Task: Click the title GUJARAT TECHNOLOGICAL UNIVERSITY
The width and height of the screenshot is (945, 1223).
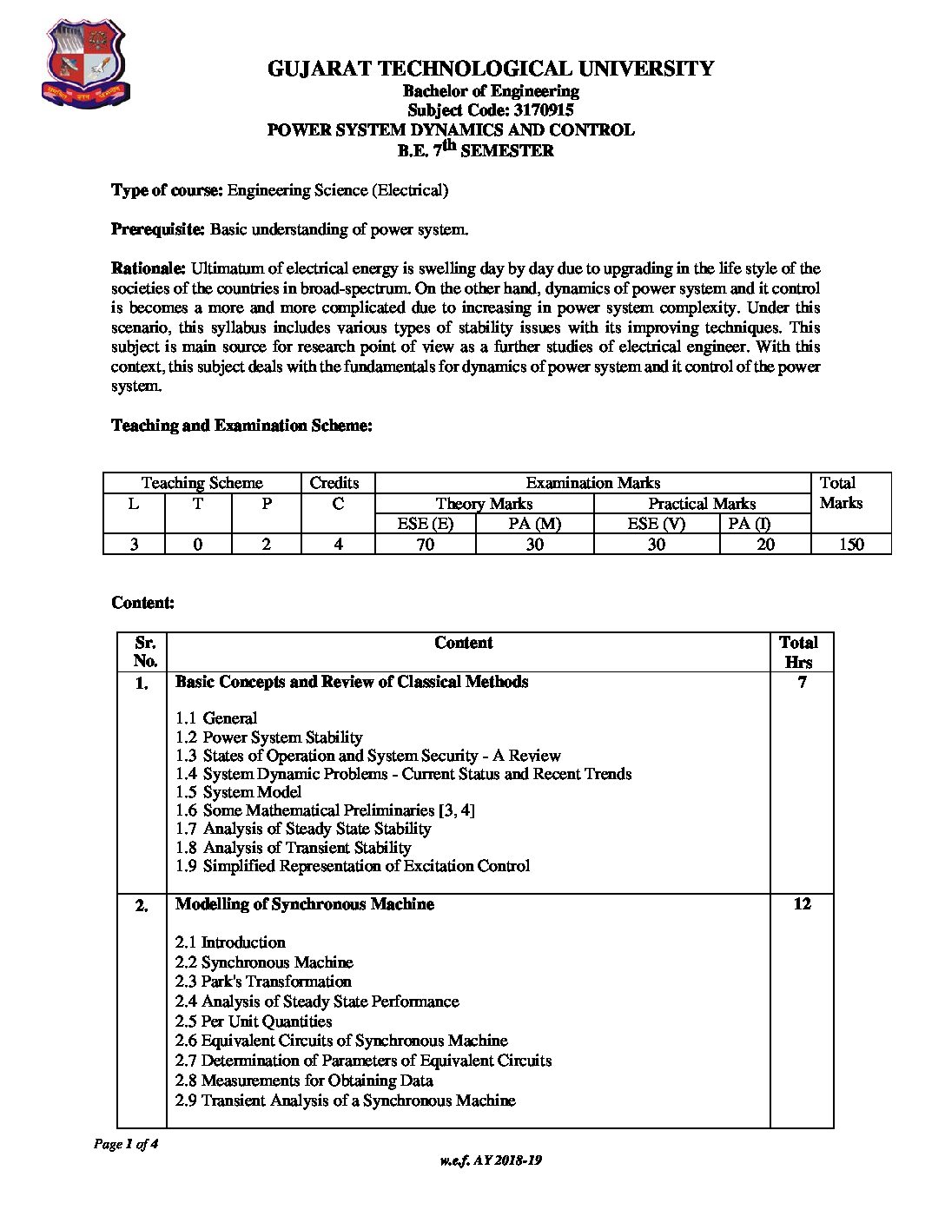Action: click(491, 69)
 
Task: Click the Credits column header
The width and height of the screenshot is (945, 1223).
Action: click(334, 483)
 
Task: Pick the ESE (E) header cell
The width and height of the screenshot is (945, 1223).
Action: click(426, 523)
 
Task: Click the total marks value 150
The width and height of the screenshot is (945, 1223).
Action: click(851, 545)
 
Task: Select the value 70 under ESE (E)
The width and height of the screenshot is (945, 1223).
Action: click(426, 545)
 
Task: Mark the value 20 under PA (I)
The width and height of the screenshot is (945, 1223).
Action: click(765, 545)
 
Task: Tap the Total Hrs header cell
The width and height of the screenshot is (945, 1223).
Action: click(799, 652)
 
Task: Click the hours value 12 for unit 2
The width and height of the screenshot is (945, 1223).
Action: click(803, 904)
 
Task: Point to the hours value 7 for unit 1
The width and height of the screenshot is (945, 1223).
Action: click(803, 683)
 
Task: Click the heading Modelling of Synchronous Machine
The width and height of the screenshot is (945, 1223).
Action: click(304, 904)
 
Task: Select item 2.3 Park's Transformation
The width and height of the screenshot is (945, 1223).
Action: click(263, 982)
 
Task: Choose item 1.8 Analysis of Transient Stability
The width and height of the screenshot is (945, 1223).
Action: click(293, 848)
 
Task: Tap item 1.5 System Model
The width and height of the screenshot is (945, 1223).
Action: click(238, 792)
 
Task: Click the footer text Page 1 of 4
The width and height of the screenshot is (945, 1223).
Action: click(126, 1144)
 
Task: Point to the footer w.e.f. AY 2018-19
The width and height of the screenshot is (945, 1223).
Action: click(491, 1160)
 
